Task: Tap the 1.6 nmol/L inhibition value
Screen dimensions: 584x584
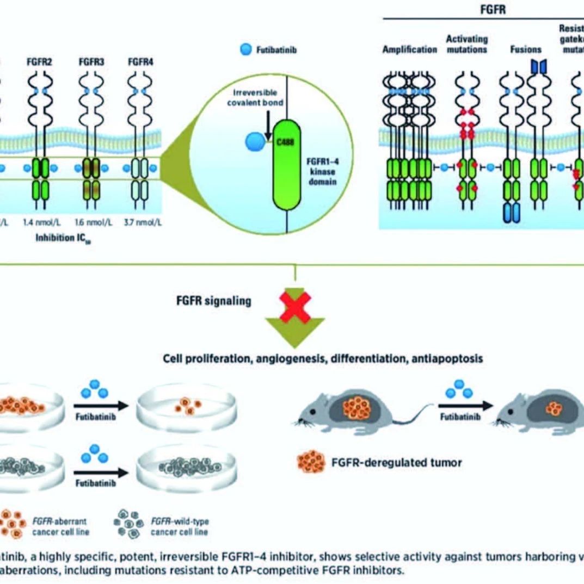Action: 90,222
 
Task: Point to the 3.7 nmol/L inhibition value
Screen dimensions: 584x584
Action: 141,222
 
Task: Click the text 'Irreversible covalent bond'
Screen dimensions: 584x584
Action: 255,98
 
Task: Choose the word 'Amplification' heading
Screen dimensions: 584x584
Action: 409,49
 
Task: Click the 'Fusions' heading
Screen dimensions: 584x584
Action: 525,49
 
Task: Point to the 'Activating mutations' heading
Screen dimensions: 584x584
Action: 466,44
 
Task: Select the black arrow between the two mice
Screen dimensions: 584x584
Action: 465,405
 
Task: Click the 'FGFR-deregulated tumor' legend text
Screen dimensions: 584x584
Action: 396,463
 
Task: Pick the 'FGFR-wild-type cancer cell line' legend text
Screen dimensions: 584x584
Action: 179,526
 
